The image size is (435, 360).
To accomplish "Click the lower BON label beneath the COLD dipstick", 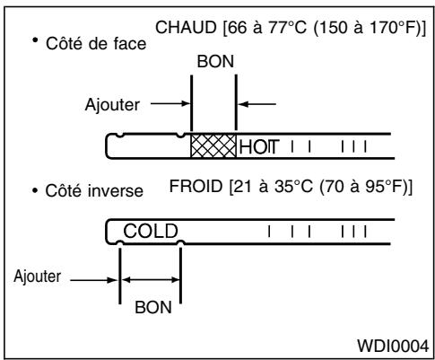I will (x=150, y=306).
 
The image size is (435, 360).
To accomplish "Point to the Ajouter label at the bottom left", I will (x=35, y=275).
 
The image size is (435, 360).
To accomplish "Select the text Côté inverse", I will (x=94, y=192).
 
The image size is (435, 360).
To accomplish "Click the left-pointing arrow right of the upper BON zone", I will (x=253, y=104).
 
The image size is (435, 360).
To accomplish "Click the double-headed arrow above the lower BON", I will (x=150, y=277).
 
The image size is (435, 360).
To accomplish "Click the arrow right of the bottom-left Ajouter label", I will (x=92, y=277).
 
